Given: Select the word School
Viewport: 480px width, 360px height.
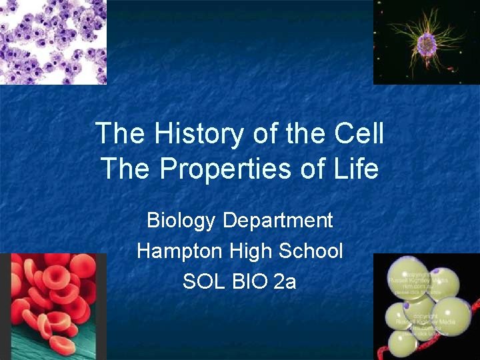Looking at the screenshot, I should coord(310,251).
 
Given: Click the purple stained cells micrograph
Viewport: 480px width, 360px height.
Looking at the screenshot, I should coord(52,41).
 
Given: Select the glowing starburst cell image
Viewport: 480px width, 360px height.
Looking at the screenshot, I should coord(426,41).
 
